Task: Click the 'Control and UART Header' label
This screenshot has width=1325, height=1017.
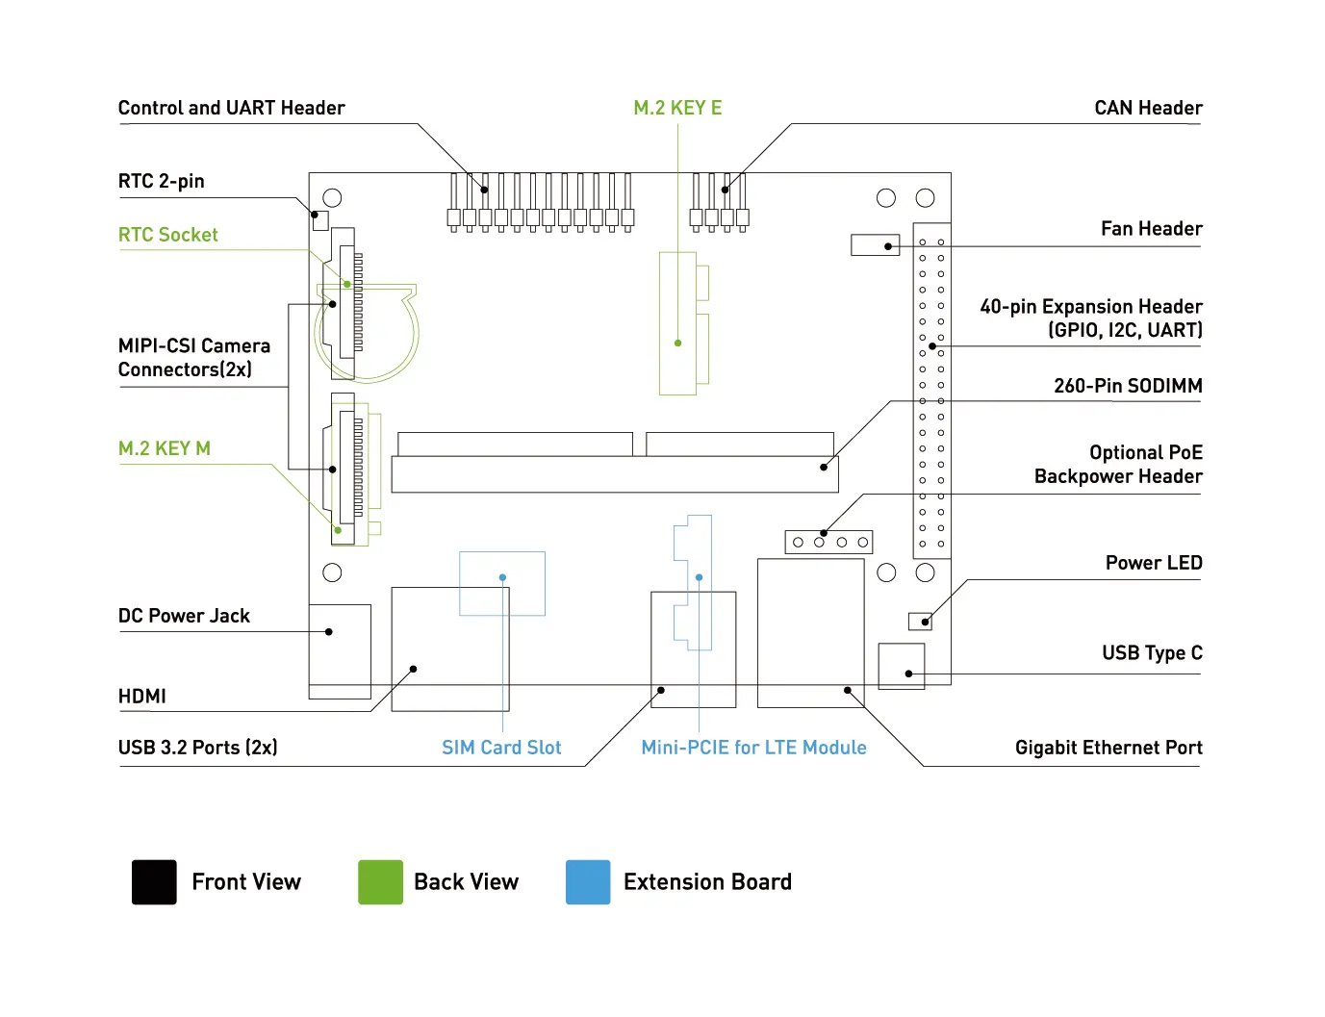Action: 231,108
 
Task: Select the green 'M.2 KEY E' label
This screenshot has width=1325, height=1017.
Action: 677,108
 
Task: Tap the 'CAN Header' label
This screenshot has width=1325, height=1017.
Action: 1148,108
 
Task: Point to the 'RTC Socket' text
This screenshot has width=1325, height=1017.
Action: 167,235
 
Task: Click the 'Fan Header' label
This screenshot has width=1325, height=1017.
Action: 1151,229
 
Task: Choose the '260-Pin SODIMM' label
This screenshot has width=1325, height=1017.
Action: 1128,386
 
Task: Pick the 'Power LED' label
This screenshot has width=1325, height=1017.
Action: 1153,563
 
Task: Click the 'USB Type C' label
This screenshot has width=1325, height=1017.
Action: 1152,653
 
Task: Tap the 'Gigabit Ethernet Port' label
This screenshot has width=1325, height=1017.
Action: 1108,748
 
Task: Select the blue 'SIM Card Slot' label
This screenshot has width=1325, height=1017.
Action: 501,748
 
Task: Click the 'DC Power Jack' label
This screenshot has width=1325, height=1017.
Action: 184,616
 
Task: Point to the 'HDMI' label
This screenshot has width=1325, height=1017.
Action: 142,696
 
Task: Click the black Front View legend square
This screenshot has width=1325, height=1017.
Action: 154,882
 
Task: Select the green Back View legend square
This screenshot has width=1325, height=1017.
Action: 380,882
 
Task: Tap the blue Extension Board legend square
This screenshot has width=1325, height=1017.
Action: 588,882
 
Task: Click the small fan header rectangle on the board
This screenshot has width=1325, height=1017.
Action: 875,245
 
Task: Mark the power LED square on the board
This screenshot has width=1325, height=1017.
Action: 920,621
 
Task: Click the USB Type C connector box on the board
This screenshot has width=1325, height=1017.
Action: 902,666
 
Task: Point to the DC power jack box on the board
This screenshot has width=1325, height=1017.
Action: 340,650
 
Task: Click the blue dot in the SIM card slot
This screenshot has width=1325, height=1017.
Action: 502,577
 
